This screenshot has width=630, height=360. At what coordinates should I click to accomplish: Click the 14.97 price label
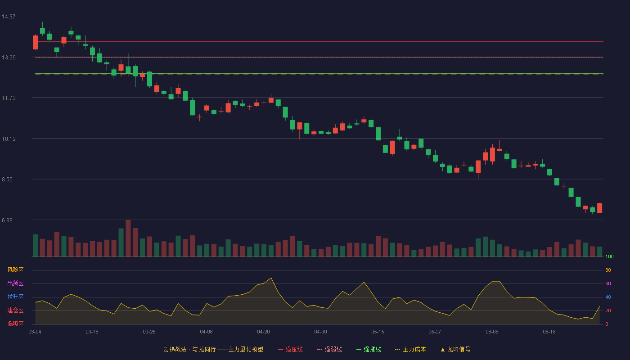tap(9, 17)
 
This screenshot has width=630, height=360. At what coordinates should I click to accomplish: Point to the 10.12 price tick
tap(9, 139)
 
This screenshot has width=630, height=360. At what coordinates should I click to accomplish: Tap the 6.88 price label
tap(7, 220)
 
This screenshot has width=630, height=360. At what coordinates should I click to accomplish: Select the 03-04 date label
tap(35, 332)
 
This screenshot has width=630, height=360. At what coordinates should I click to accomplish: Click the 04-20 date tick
tap(263, 332)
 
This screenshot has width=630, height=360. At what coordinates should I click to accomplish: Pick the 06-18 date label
tap(549, 332)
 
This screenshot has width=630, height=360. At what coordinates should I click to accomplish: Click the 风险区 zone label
tap(15, 270)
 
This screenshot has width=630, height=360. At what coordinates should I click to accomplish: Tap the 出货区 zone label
tap(15, 283)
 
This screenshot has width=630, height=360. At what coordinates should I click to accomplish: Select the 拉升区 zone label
tap(15, 297)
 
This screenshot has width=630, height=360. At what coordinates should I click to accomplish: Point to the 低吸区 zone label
tap(15, 324)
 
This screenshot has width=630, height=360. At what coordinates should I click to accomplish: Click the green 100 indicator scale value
tap(609, 256)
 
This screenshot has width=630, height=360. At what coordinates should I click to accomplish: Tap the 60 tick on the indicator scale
tap(608, 283)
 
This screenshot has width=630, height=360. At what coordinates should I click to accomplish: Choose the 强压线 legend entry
tap(290, 350)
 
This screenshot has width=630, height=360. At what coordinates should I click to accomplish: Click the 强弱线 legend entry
tap(329, 350)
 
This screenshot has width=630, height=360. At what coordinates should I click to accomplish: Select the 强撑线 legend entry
tap(369, 350)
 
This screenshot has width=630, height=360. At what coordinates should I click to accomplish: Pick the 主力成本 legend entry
tap(410, 350)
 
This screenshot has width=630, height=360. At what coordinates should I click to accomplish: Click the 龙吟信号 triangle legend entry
tap(455, 350)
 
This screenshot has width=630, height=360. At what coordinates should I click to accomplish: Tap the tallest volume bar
tap(128, 238)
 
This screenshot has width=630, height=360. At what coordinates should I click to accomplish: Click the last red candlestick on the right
tap(599, 208)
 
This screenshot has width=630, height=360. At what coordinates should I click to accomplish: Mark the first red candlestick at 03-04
tap(35, 42)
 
